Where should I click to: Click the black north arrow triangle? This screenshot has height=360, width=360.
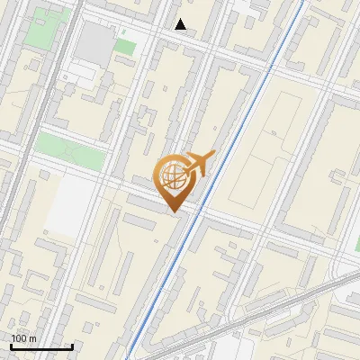[181, 24]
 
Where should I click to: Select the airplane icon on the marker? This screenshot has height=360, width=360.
[201, 163]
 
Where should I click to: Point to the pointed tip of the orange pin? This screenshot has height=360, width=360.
[173, 211]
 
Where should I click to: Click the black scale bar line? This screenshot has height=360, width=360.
[40, 347]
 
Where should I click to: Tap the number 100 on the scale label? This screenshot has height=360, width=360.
[19, 338]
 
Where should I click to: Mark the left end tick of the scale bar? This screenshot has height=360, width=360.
[10, 346]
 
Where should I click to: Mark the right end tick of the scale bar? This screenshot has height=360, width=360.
[72, 346]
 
